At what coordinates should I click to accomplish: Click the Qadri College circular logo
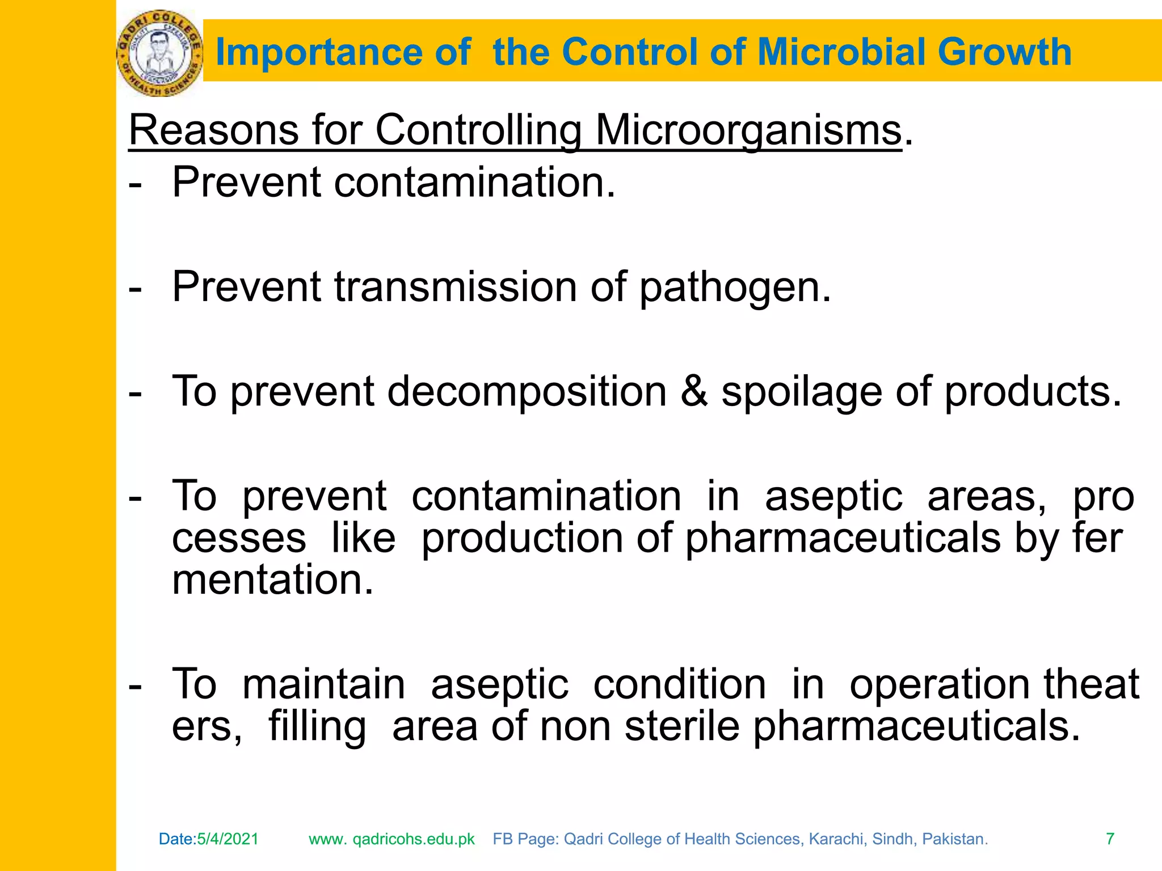coord(159,53)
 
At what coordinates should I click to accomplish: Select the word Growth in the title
coord(1004,52)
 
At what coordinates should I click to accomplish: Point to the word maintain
coord(323,684)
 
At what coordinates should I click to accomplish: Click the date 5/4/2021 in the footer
coord(228,839)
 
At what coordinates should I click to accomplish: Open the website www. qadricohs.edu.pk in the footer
coord(391,839)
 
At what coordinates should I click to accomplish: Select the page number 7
coord(1110,839)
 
